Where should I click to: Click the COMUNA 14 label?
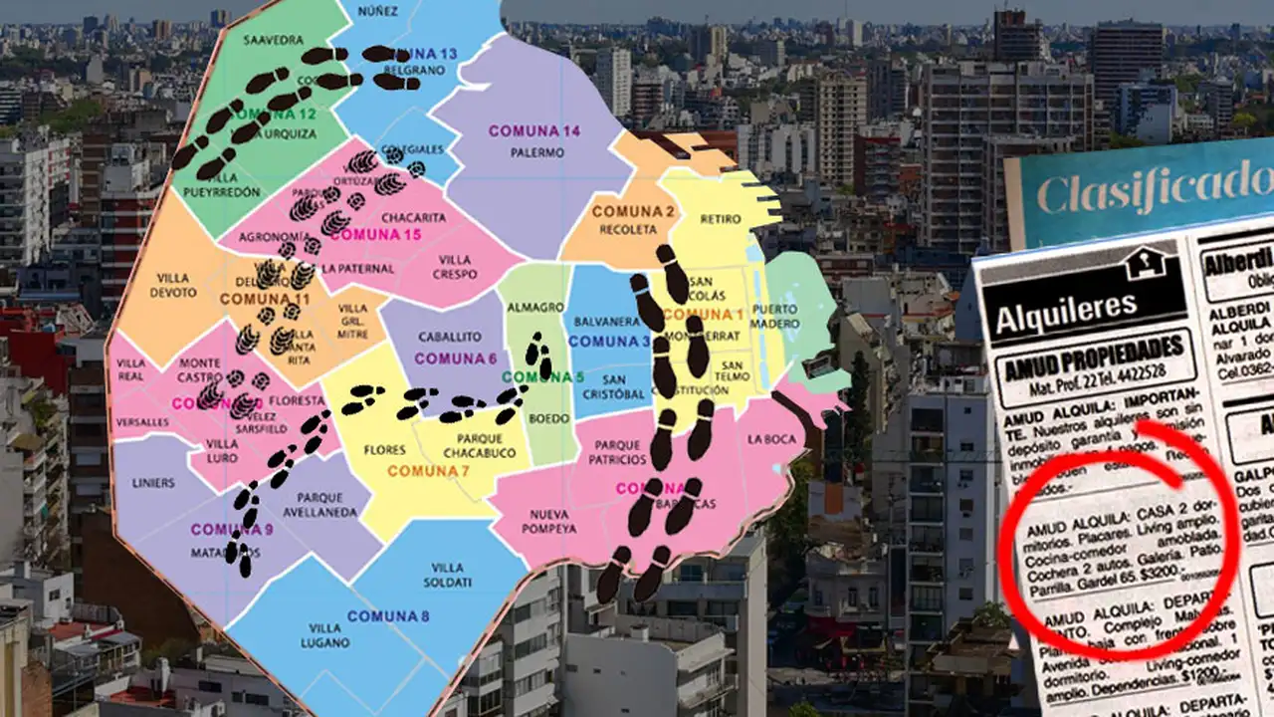click(x=533, y=131)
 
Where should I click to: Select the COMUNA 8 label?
click(x=388, y=616)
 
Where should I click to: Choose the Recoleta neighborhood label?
click(x=628, y=230)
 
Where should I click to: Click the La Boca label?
click(x=767, y=438)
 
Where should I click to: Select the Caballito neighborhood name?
click(x=443, y=337)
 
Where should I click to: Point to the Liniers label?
click(x=153, y=483)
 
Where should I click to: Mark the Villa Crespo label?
click(x=454, y=266)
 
